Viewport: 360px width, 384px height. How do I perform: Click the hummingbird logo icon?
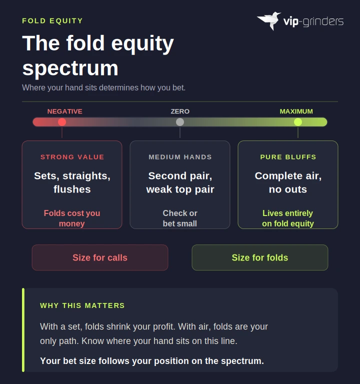coord(269,20)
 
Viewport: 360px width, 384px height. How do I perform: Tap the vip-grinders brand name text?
coord(313,21)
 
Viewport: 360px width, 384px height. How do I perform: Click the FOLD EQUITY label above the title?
coord(52,20)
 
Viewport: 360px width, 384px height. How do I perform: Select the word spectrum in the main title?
coord(70,68)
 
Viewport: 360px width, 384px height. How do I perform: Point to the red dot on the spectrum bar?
coord(62,122)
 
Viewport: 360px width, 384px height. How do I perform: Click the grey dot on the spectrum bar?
coord(180,122)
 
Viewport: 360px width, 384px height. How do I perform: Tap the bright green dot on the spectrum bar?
coord(298,122)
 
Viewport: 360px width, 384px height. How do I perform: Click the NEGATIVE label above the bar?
coord(64,111)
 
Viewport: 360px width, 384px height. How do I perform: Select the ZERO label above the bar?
coord(180,111)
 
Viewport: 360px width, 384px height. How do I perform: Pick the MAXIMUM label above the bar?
coord(296,111)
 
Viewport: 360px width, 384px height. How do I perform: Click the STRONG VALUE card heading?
coord(72,157)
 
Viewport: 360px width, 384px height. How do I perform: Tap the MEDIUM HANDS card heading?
coord(180,157)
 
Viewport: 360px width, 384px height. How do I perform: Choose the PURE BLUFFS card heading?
coord(288,157)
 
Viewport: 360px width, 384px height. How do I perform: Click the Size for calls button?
coord(100,257)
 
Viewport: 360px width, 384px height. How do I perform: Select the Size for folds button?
coord(260,257)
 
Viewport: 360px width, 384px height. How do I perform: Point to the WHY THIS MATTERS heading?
coord(82,305)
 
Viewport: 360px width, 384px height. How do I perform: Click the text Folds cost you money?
coord(72,218)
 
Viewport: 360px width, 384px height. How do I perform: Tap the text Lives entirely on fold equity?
coord(288,218)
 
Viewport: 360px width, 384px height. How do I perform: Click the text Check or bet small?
coord(180,218)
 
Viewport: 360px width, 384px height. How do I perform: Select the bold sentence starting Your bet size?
coord(152,360)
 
